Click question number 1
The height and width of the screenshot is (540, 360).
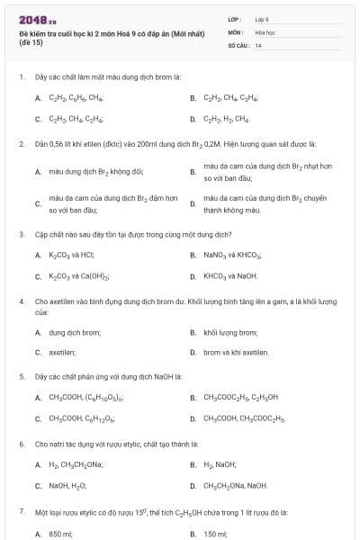point(21,77)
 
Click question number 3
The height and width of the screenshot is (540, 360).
point(21,234)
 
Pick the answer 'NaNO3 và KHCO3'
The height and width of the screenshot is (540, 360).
point(232,255)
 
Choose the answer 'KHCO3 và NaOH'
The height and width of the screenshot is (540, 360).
point(230,276)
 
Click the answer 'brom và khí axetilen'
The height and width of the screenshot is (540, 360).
point(236,353)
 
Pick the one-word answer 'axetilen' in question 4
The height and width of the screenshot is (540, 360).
point(62,353)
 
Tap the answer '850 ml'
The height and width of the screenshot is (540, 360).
point(60,534)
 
